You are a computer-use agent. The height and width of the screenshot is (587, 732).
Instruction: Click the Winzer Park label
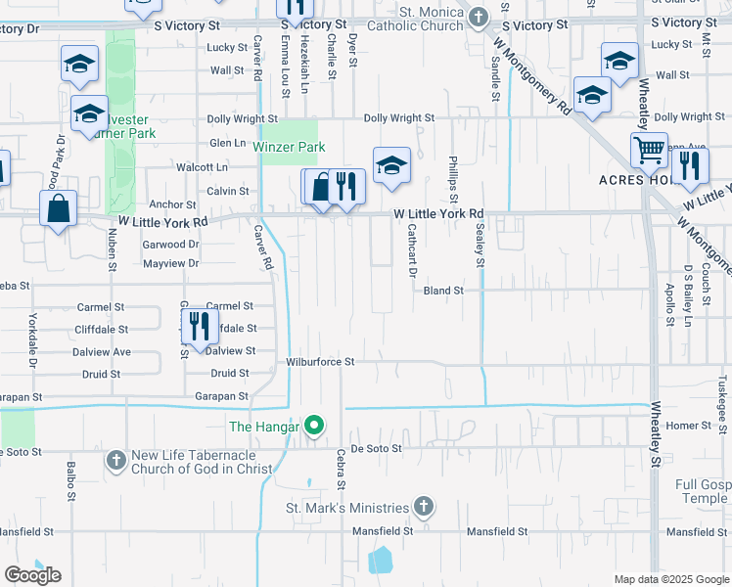tap(288, 147)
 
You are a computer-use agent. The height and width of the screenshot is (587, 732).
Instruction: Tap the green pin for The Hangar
tap(314, 426)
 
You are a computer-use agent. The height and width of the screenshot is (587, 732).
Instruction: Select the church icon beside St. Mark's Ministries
tap(423, 506)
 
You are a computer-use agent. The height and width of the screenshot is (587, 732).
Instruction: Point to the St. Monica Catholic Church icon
tap(478, 17)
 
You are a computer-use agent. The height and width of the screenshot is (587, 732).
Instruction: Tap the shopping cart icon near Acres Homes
tap(648, 151)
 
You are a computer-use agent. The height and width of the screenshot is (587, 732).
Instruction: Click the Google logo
tap(32, 575)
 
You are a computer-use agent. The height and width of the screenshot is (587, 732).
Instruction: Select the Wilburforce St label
tap(319, 361)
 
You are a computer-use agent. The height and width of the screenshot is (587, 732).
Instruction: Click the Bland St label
tap(442, 291)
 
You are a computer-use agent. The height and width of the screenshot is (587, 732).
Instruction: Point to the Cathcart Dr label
tap(412, 249)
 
